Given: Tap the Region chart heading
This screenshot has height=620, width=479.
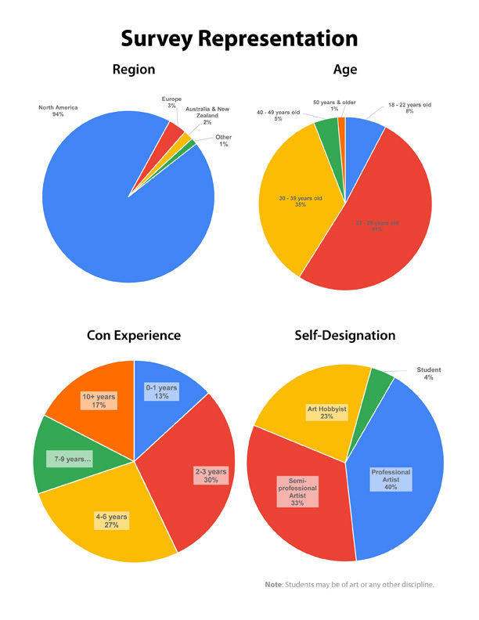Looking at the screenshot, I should (134, 70).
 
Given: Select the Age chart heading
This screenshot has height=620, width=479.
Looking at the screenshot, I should (344, 70).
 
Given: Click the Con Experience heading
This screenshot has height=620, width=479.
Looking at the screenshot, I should (134, 335).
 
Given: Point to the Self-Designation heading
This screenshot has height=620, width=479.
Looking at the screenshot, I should (345, 335).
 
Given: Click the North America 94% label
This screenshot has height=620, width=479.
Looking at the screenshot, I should (58, 110).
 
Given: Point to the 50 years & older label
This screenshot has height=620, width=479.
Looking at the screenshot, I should (333, 105).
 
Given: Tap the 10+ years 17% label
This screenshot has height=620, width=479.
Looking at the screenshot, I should (99, 401).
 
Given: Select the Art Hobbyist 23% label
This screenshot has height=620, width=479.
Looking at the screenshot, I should (327, 412).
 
